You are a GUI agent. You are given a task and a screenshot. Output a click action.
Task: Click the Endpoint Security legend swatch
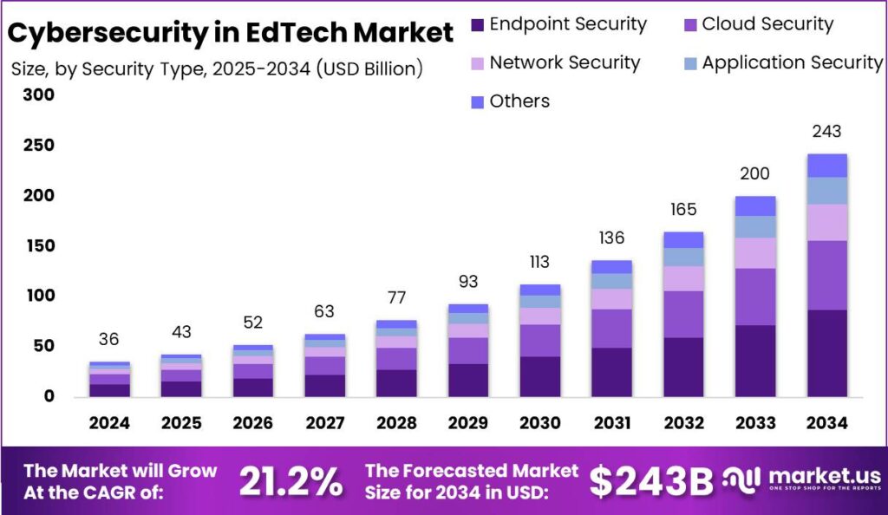pyautogui.click(x=477, y=24)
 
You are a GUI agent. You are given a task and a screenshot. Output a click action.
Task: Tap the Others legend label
pyautogui.click(x=519, y=101)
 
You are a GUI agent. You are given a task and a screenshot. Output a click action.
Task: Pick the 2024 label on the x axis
pyautogui.click(x=109, y=423)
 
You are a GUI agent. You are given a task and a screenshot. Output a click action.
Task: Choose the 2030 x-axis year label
pyautogui.click(x=539, y=423)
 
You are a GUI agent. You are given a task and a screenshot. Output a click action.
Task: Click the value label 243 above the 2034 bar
pyautogui.click(x=826, y=132)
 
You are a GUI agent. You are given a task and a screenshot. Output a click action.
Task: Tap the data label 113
pyautogui.click(x=539, y=263)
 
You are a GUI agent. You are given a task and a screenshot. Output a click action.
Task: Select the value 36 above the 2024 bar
pyautogui.click(x=109, y=340)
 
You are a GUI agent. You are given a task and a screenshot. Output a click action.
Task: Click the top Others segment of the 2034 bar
pyautogui.click(x=826, y=166)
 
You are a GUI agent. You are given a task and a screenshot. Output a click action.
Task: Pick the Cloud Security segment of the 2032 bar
pyautogui.click(x=682, y=314)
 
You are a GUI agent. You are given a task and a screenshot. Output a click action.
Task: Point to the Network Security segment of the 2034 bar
pyautogui.click(x=826, y=222)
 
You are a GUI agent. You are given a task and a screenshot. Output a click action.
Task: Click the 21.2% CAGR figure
pyautogui.click(x=290, y=482)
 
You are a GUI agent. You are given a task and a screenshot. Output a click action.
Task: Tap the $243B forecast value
pyautogui.click(x=651, y=482)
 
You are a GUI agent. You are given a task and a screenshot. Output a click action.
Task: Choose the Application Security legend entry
pyautogui.click(x=792, y=62)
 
